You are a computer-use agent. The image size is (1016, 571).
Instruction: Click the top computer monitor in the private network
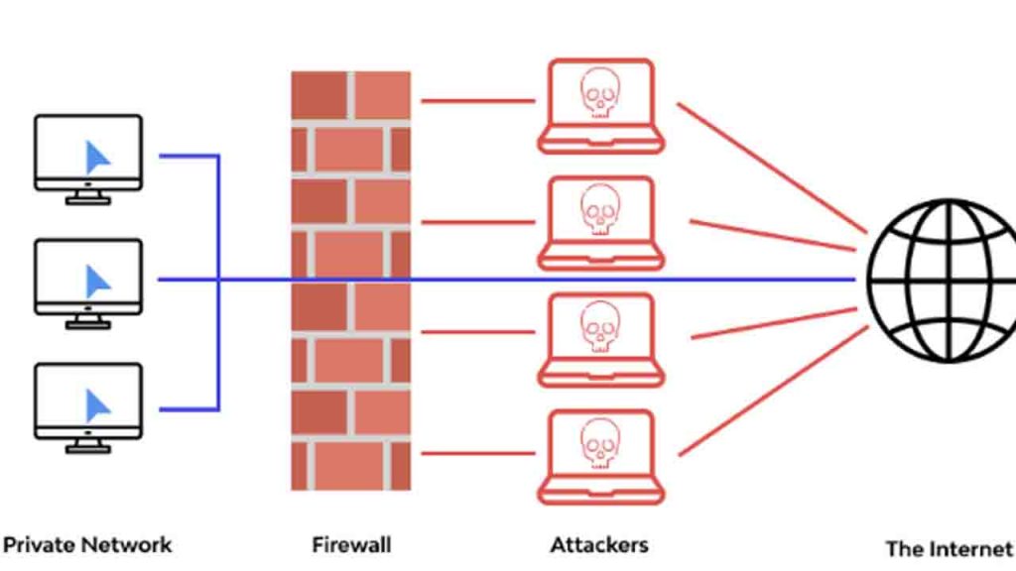point(88,154)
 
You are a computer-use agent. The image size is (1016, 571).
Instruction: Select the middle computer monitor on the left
point(88,277)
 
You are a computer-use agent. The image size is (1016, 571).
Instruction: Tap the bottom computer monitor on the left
point(88,400)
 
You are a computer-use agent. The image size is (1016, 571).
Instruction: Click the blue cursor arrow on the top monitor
point(97,157)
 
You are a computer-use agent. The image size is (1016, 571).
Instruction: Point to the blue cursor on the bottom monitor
point(97,404)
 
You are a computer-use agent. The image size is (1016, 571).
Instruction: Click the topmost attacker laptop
point(600,105)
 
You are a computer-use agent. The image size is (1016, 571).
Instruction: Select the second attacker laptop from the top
point(600,222)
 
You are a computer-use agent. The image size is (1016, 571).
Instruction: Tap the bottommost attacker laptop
point(600,456)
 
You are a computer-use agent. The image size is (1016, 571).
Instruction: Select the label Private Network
point(87,544)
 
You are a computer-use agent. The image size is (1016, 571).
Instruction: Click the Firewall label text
point(351,544)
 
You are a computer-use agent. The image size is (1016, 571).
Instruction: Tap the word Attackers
point(599,544)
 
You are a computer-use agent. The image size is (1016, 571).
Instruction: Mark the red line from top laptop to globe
point(764,170)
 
